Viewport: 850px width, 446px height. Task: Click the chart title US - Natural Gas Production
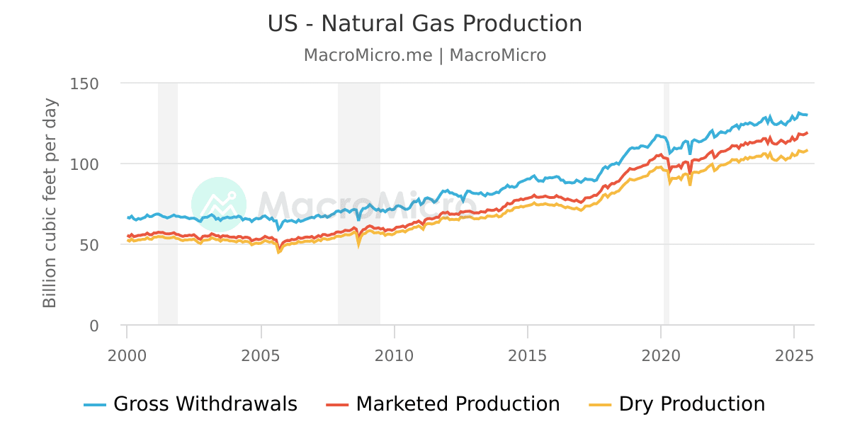[x=424, y=24]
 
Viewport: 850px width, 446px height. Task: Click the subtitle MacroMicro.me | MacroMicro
[x=424, y=55]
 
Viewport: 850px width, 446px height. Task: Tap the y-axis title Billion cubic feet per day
[x=50, y=203]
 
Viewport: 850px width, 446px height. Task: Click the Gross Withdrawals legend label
[x=205, y=404]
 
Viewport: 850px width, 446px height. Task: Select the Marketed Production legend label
[x=458, y=404]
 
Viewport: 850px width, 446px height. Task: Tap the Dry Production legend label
[x=692, y=404]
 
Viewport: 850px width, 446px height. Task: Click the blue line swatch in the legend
[x=95, y=405]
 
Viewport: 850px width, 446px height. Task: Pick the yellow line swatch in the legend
[x=600, y=405]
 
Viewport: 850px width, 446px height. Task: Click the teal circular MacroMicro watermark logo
[x=219, y=205]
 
